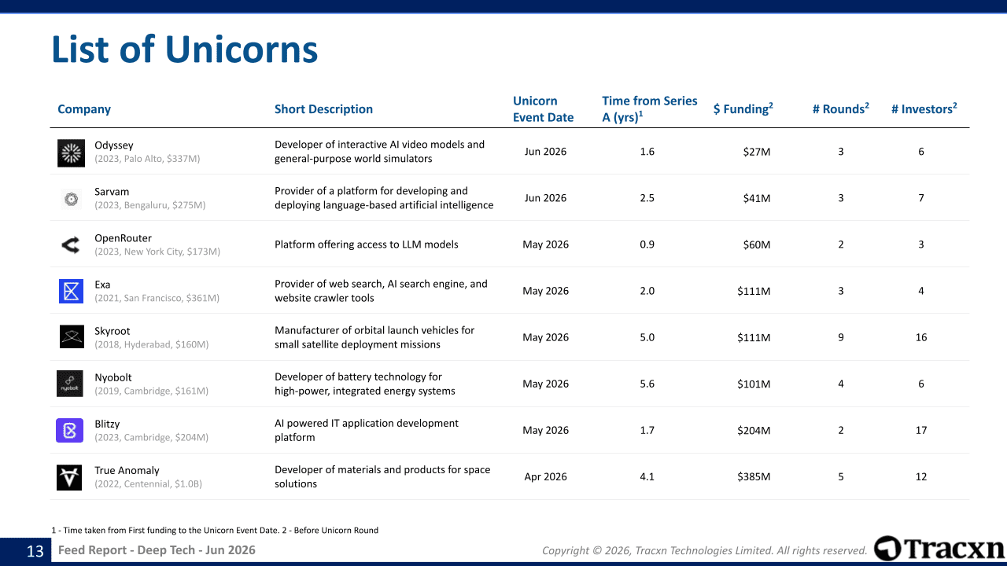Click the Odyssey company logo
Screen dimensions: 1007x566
[x=71, y=153]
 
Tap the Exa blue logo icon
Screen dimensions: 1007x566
[x=71, y=291]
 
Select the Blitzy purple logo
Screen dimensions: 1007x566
[x=70, y=430]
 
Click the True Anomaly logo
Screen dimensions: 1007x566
[x=69, y=477]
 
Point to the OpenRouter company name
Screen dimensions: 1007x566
[x=123, y=238]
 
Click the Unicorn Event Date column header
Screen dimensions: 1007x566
[x=543, y=109]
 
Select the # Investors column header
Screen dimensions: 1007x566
[x=924, y=108]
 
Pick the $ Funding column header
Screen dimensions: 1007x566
[x=743, y=108]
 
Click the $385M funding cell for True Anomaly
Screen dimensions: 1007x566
[x=754, y=476]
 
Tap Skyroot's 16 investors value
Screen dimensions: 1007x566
[x=921, y=337]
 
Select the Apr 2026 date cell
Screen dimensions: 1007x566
[x=545, y=476]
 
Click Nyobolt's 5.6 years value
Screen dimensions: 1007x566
[x=647, y=384]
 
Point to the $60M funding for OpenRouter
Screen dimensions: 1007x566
[x=757, y=244]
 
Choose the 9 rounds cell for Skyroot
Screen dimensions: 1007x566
[x=841, y=337]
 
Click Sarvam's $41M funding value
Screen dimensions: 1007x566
[x=757, y=198]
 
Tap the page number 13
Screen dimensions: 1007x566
[x=35, y=551]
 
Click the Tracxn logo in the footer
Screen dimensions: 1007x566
[x=939, y=549]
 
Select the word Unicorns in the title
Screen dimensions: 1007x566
[x=242, y=50]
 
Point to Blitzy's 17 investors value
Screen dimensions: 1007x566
[x=921, y=430]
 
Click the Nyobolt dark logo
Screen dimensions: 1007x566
[x=70, y=384]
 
